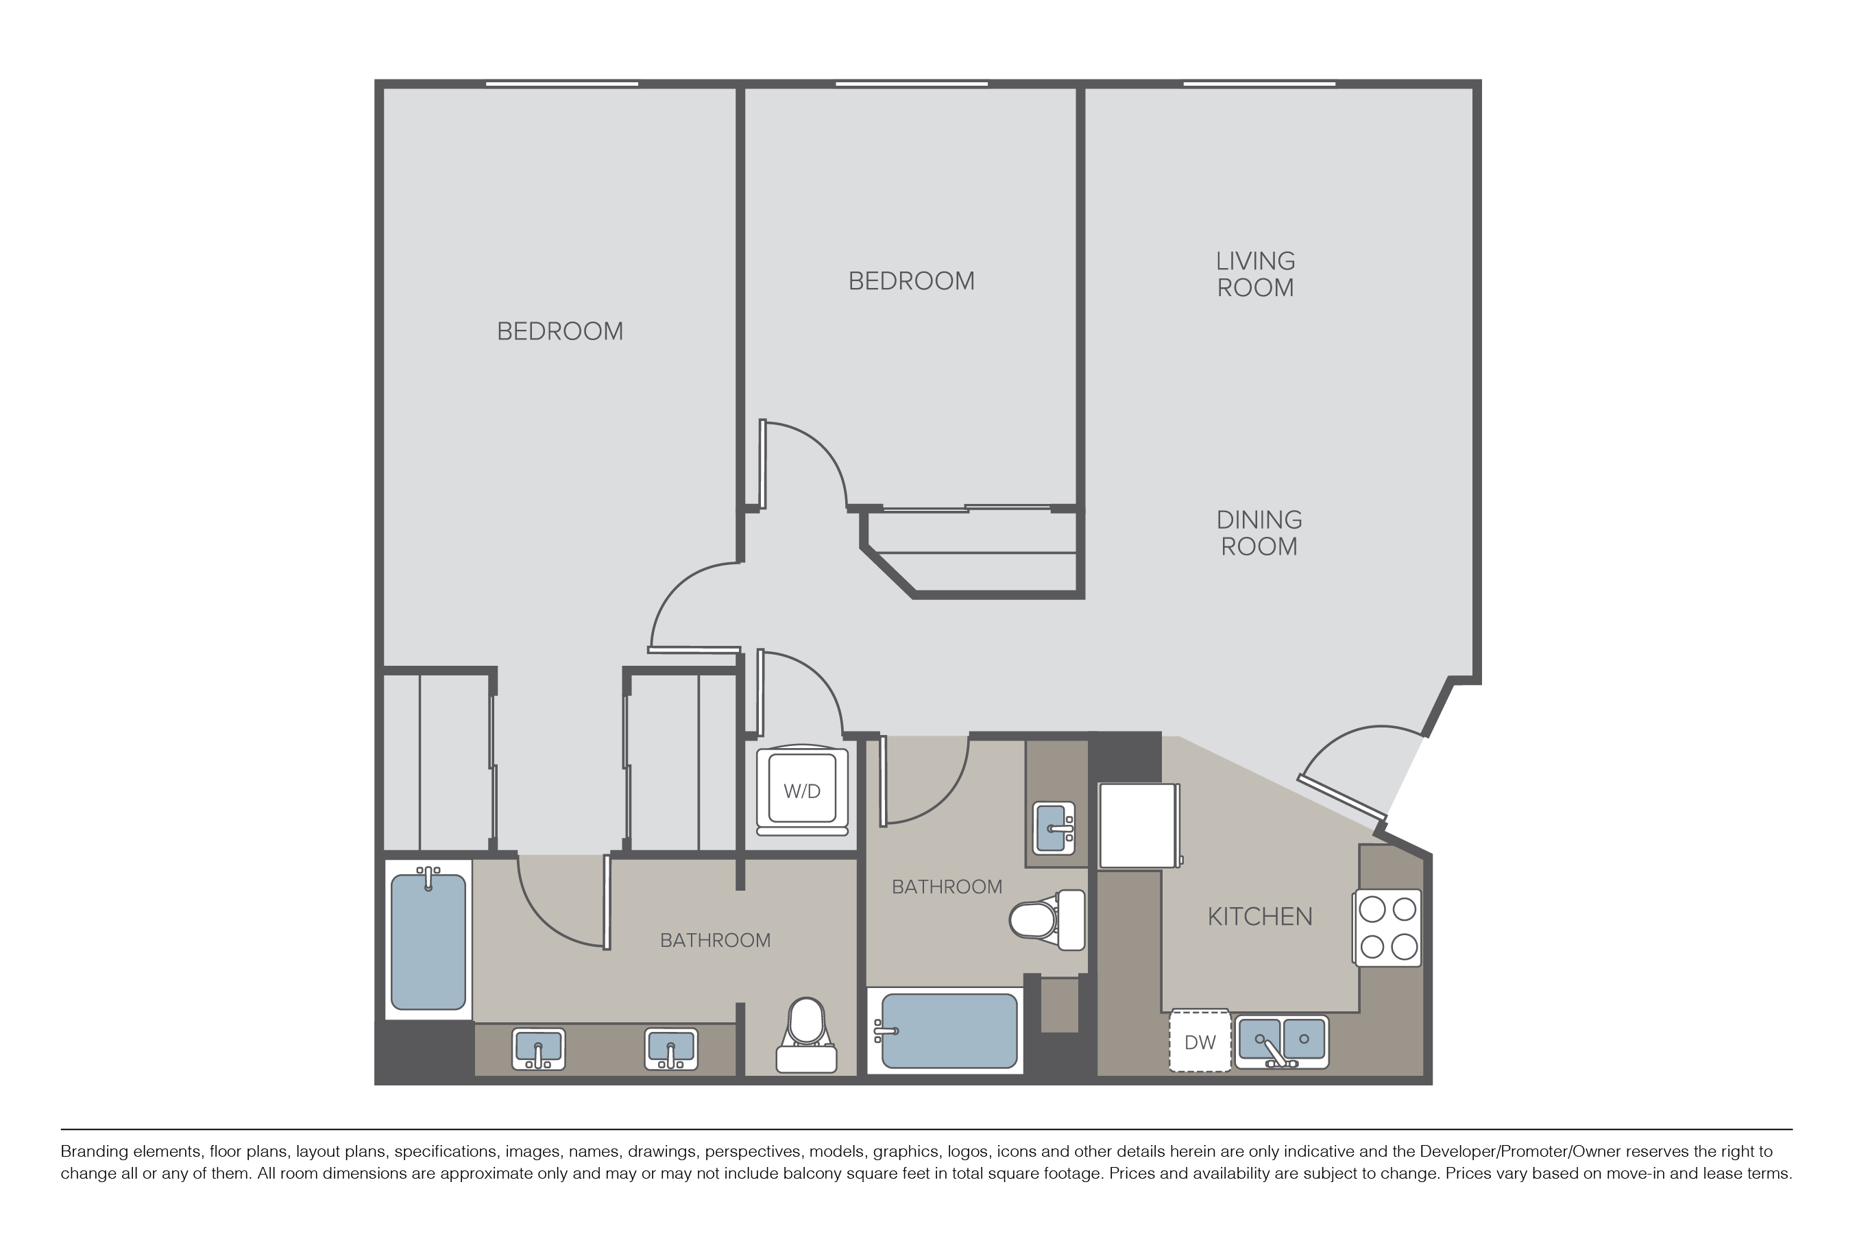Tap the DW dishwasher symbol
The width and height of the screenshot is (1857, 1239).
click(1200, 1041)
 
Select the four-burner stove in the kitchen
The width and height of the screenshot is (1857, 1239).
click(1388, 928)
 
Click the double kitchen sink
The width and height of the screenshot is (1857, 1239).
click(1281, 1042)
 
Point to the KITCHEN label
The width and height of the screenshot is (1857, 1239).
click(1260, 917)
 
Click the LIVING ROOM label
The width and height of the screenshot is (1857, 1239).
click(1255, 274)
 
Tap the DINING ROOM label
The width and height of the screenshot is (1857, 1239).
click(1259, 533)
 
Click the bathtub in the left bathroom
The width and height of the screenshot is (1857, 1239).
click(428, 939)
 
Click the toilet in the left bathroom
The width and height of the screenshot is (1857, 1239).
click(806, 1035)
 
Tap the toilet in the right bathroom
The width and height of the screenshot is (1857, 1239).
click(1047, 919)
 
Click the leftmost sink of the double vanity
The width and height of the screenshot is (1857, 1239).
click(539, 1048)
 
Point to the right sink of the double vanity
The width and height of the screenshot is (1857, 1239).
click(670, 1048)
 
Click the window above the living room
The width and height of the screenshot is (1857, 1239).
click(1259, 84)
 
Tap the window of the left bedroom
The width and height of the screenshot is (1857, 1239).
click(561, 84)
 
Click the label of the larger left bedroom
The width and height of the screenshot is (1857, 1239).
click(560, 331)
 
